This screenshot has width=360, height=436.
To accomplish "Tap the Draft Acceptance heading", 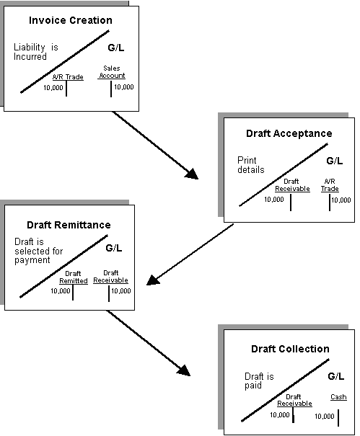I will click(x=289, y=133).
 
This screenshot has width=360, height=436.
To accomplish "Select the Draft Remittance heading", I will click(x=69, y=225).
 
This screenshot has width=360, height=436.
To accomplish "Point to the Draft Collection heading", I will click(x=290, y=349).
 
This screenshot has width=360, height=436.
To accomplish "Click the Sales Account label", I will click(x=112, y=71).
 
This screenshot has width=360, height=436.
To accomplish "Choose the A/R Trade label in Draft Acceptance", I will click(x=330, y=184).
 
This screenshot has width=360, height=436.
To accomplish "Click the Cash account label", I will click(x=338, y=397).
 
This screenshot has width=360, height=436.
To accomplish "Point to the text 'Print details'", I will click(x=251, y=165).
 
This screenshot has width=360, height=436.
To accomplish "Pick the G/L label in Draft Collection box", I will click(x=335, y=376).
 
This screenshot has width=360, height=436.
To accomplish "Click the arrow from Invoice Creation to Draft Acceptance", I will click(x=154, y=143).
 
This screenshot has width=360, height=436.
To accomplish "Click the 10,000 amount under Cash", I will click(x=324, y=416).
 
